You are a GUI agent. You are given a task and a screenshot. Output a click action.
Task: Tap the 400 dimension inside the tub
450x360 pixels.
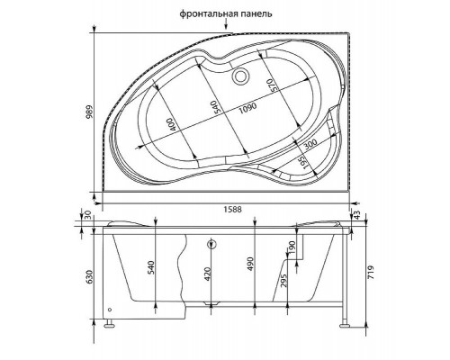pyautogui.click(x=171, y=124)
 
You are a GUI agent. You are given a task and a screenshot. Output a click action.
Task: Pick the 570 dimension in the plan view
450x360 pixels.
pyautogui.click(x=269, y=86)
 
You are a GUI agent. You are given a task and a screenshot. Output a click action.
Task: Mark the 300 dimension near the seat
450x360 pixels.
pyautogui.click(x=310, y=143)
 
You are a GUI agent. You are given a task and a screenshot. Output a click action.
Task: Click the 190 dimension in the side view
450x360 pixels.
pyautogui.click(x=292, y=247)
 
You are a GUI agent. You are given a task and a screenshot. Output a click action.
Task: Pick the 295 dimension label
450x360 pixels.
pyautogui.click(x=285, y=282)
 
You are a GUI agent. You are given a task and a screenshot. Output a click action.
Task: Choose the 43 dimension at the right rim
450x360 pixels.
pyautogui.click(x=358, y=214)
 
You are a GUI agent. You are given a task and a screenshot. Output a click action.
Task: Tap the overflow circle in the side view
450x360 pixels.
pyautogui.click(x=211, y=244)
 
